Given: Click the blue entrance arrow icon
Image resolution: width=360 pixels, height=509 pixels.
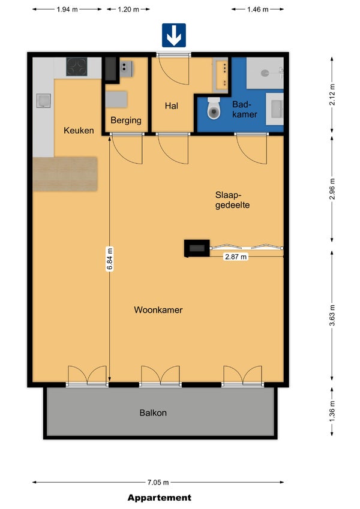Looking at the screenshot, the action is point(174,35).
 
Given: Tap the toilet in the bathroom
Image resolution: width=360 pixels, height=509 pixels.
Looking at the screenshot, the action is point(214,108).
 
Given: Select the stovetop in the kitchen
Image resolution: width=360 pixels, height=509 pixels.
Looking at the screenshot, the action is point(77,67).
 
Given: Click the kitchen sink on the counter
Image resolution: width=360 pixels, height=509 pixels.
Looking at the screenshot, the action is point(43,101).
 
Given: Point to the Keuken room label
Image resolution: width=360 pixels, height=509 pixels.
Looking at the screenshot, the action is point(79,131).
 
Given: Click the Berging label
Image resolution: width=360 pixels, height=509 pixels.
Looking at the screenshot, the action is point(126,121).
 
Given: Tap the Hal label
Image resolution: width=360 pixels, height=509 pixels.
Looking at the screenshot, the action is point(172,106).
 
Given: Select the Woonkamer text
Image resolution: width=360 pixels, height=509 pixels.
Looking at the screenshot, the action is point(158,310).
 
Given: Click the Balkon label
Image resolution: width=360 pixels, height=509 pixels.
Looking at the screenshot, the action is point(153,413).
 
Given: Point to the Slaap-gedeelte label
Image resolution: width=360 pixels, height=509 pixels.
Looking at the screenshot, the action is point(232,200).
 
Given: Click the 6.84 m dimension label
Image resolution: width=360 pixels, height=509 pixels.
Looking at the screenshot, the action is point(110,259).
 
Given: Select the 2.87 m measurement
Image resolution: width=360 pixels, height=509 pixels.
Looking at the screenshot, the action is point(236,257).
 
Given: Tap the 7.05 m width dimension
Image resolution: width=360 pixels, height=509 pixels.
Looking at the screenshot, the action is point(158,483).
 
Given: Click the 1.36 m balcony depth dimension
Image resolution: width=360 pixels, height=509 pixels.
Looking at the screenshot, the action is point(332,411).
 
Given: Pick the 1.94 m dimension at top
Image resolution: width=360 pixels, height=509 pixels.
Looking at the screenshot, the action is point(67,10).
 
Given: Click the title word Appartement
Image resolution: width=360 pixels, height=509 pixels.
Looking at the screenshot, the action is point(159,498).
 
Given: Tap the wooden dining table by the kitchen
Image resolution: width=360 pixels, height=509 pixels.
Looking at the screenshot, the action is point(65,174).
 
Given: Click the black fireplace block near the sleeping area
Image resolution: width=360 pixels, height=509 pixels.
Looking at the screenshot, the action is point(197,249).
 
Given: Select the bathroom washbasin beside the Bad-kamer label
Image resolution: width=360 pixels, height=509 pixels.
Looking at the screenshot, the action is point(275,109).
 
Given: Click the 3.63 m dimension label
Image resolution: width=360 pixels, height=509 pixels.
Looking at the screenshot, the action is point(332,315).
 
